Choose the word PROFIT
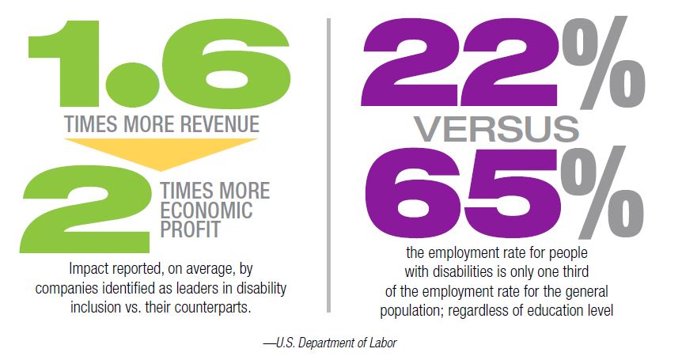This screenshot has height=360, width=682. point(191,230)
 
